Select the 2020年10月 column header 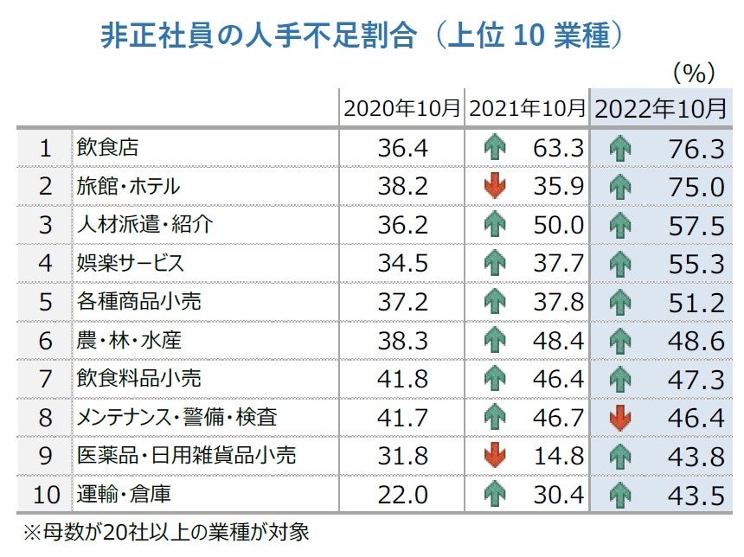[x=401, y=109]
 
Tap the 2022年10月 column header [x=661, y=109]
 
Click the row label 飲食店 [x=107, y=148]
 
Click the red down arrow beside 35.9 [x=495, y=186]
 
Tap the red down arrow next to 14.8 [x=495, y=454]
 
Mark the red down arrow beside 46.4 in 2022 [x=620, y=416]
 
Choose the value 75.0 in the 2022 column [x=696, y=186]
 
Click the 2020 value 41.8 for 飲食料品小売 [x=402, y=378]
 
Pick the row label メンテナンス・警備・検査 [x=176, y=416]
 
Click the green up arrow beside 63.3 [x=495, y=148]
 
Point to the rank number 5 [x=45, y=301]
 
